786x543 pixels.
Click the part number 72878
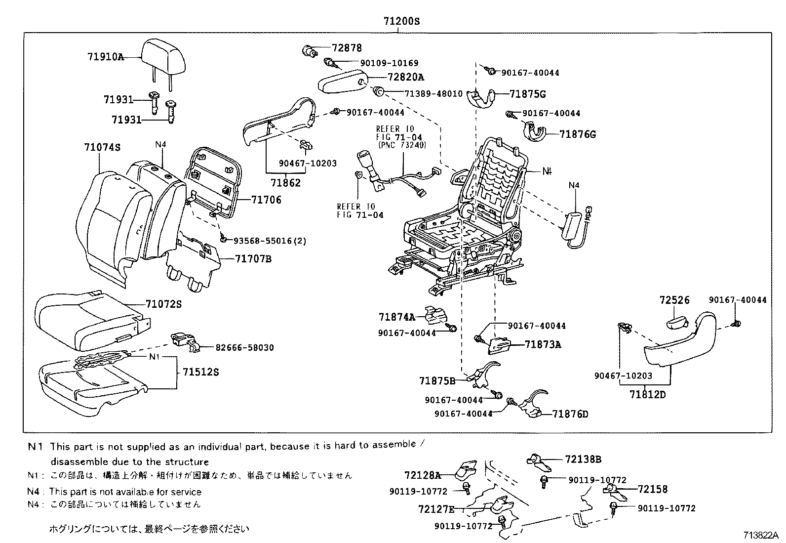point(347,48)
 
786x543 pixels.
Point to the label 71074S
point(102,147)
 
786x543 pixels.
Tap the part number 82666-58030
point(244,348)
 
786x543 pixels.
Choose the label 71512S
point(200,372)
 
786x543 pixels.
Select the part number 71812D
point(648,394)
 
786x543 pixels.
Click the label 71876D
point(570,414)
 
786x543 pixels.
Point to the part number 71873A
point(543,345)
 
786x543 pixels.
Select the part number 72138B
point(583,459)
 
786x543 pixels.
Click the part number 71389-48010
point(433,93)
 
